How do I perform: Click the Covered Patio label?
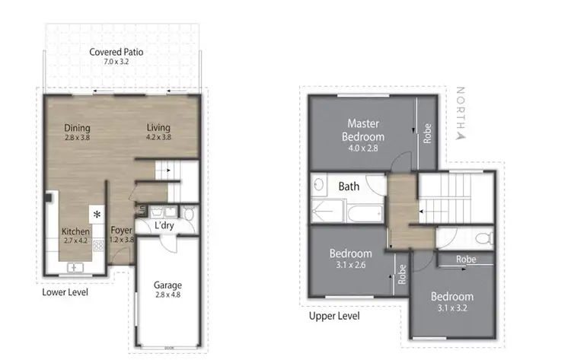(116, 53)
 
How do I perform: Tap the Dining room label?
(77, 128)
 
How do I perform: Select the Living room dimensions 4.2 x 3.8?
(158, 138)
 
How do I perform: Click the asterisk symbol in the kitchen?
(97, 215)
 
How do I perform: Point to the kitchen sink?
(75, 266)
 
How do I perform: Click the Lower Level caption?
(65, 291)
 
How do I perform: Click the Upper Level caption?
(334, 316)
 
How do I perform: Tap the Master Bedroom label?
(363, 129)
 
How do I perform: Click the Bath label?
(349, 186)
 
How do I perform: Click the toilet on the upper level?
(481, 239)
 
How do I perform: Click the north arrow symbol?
(459, 136)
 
